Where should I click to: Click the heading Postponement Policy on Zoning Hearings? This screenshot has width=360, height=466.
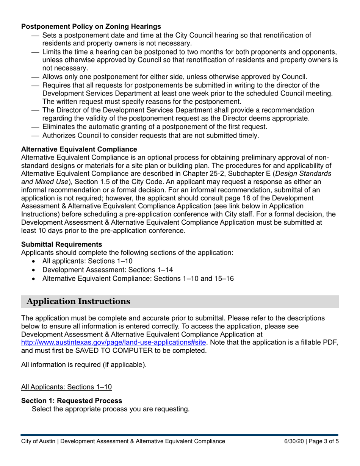coord(91,27)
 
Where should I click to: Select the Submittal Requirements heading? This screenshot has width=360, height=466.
coord(61,244)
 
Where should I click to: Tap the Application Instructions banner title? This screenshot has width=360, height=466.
coord(79,302)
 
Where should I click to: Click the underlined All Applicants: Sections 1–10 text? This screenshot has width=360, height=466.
coord(66,387)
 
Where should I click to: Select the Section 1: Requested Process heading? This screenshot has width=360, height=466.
coord(72,400)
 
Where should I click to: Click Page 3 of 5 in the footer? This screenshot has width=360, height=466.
coord(324,441)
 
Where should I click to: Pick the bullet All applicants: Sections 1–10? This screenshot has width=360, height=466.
coord(88,261)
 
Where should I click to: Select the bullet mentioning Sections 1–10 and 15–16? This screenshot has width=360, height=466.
coord(138,279)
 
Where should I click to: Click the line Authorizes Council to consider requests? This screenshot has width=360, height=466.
coord(150,135)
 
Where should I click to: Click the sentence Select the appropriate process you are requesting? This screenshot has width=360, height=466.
coord(111,409)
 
